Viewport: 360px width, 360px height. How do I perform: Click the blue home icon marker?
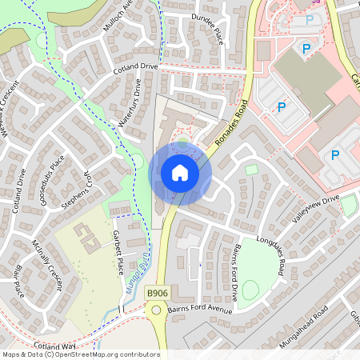click(x=180, y=172)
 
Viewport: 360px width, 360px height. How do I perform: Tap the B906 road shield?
click(x=157, y=294)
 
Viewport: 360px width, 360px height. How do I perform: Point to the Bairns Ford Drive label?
click(x=224, y=273)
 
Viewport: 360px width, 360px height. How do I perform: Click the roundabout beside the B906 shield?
click(x=157, y=309)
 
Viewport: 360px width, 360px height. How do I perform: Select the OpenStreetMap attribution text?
click(x=80, y=354)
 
